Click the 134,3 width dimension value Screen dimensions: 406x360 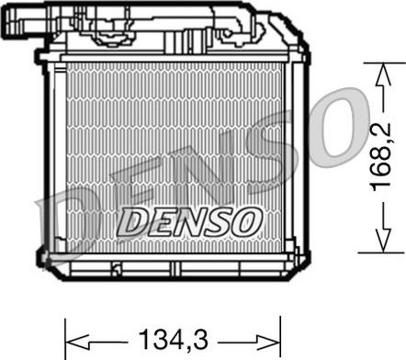coord(174,340)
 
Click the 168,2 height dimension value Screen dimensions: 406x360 coord(381,157)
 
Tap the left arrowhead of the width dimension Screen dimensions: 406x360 coord(77,342)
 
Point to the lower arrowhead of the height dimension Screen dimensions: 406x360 coord(383,241)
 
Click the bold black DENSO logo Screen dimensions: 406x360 coord(189,221)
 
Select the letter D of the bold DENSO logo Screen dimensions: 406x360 coord(132,222)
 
